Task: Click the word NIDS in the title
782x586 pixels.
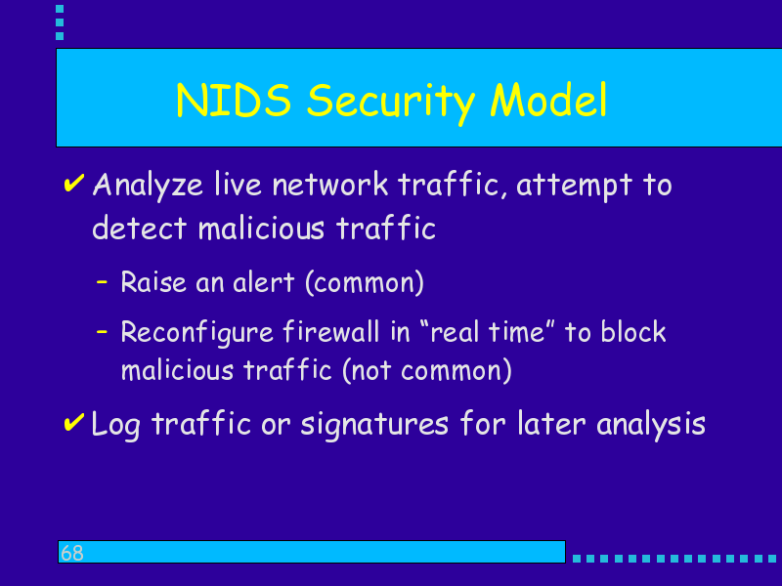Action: (234, 101)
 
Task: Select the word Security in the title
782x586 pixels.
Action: (390, 104)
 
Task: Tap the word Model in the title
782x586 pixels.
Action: (548, 100)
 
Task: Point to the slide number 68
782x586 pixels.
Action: (71, 553)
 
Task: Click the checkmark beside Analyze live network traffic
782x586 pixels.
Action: (74, 183)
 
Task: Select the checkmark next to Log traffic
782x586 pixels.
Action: (74, 423)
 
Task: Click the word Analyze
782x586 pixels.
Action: (148, 187)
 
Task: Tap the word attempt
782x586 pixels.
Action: (574, 187)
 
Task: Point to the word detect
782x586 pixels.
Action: (139, 229)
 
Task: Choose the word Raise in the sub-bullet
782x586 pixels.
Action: (153, 282)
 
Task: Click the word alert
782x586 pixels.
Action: (263, 282)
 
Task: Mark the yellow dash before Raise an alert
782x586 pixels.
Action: (102, 282)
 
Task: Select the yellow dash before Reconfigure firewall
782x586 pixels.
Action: (102, 330)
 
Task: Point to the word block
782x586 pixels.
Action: (633, 331)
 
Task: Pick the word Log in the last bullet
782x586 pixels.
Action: (115, 426)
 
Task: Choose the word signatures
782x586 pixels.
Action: (374, 426)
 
